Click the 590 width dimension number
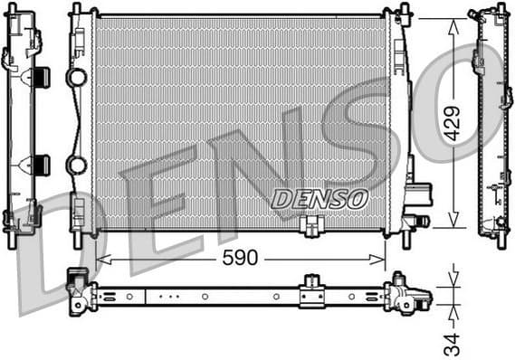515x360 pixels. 240,259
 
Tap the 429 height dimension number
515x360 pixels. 453,123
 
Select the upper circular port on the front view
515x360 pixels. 78,77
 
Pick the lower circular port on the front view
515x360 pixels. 78,166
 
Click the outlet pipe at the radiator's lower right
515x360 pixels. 418,219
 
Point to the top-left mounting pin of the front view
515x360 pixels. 76,11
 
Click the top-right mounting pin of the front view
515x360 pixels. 404,11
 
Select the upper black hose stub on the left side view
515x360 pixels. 41,77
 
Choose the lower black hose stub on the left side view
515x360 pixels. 41,165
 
